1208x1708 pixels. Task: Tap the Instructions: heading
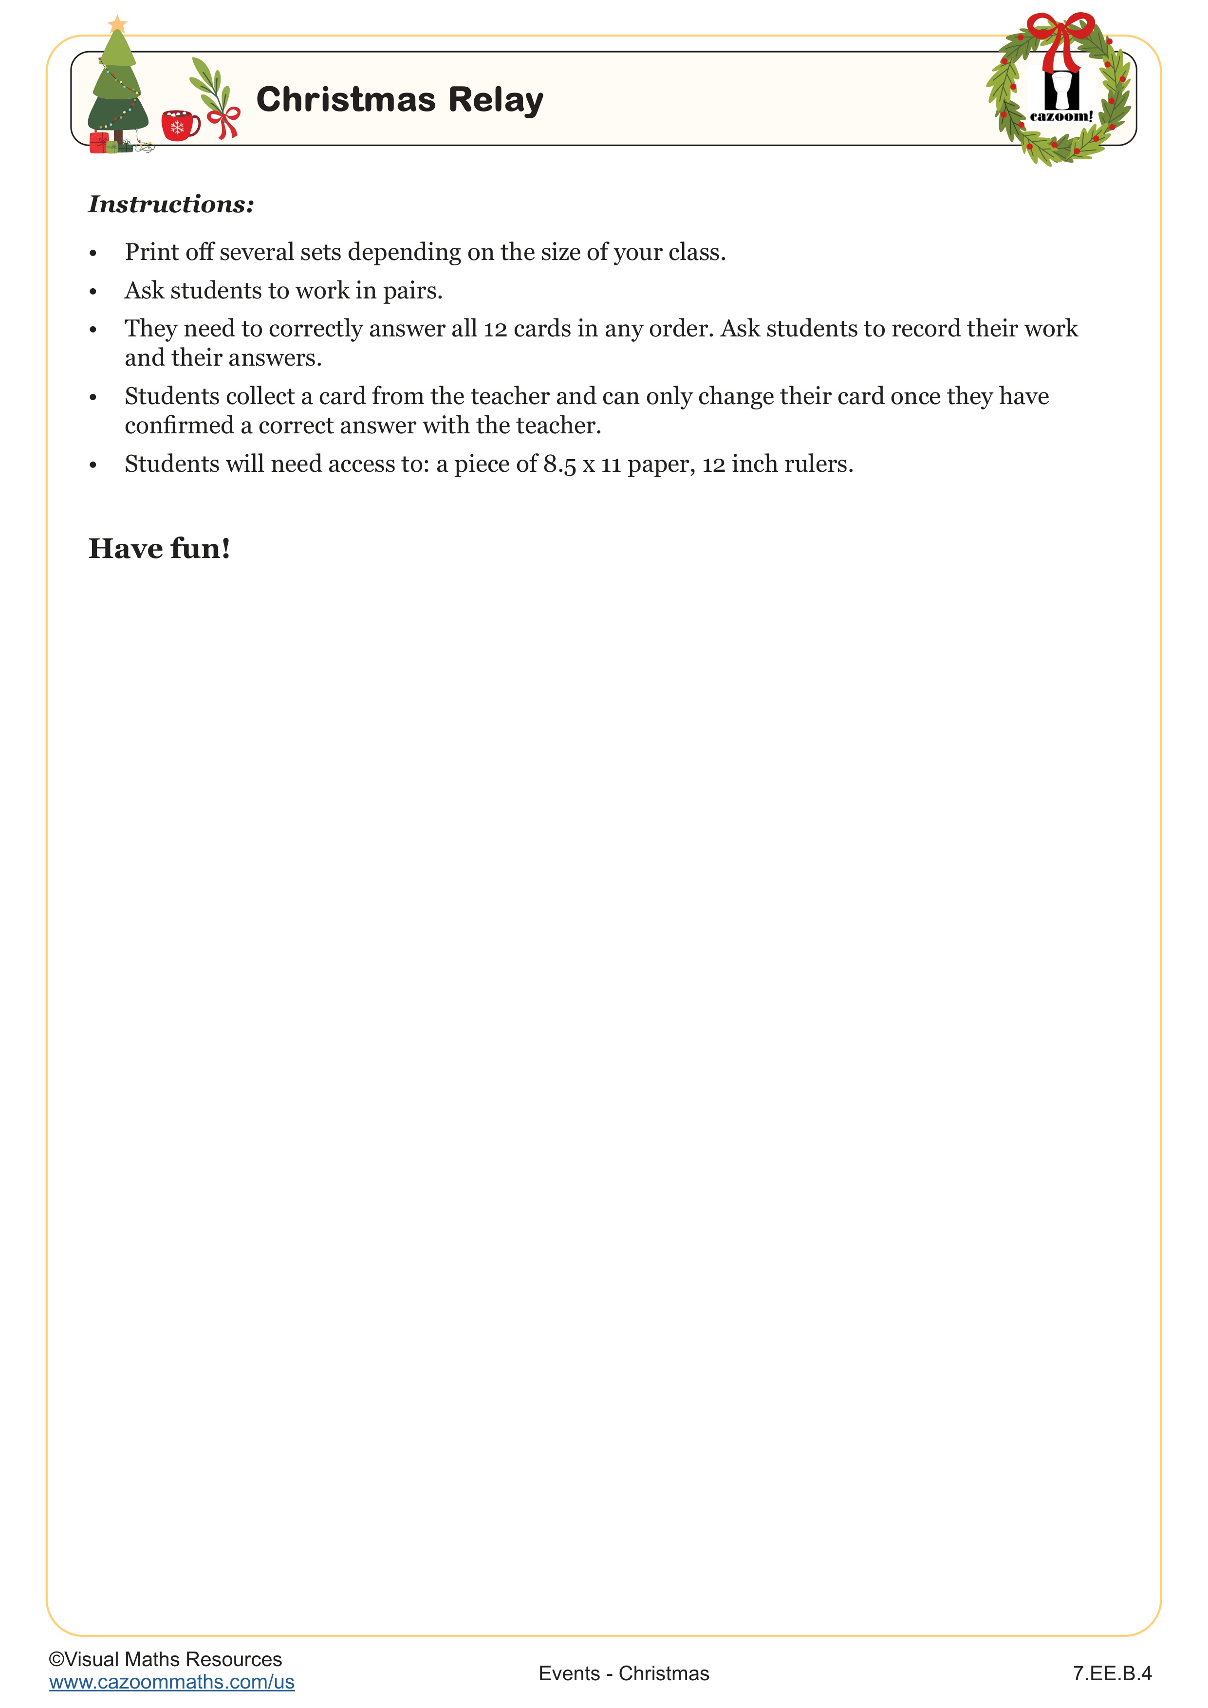pos(171,204)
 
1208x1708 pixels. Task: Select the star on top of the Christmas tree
pos(117,24)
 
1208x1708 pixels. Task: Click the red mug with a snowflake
pos(179,126)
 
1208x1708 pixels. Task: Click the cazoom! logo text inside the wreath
pos(1061,116)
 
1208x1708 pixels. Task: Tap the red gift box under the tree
pos(99,143)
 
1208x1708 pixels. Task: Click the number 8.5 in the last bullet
pos(559,464)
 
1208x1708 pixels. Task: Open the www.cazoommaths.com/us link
pos(172,1682)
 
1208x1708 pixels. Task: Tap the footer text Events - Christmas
pos(623,1673)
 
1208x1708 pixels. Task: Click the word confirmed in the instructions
pos(179,426)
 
